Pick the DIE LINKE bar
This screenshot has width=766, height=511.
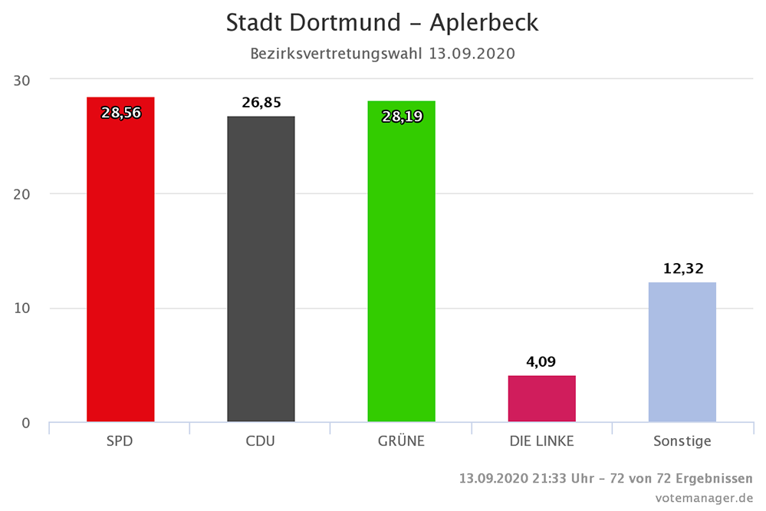point(541,398)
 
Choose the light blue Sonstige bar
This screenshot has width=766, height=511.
point(682,352)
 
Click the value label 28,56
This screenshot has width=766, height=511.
point(121,113)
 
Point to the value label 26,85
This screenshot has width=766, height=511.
point(261,103)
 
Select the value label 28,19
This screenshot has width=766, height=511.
point(402,116)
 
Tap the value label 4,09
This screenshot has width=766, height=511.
point(542,361)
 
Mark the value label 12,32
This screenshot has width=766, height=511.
point(682,269)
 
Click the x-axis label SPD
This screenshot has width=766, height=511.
point(120,441)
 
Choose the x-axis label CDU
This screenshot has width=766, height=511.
point(261,441)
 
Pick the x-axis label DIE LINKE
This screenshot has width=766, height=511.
point(541,441)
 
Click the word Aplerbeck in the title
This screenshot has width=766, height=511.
point(483,22)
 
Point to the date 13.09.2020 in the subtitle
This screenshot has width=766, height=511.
point(472,54)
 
